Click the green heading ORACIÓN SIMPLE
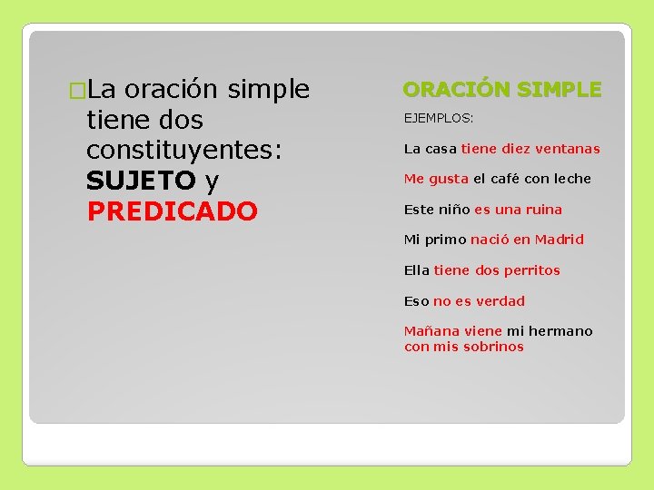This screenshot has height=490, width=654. coord(501,89)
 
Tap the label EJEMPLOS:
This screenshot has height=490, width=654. coord(439,118)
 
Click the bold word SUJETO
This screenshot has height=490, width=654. coord(141,181)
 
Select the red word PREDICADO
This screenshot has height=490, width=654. coord(173,211)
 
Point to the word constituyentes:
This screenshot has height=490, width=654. coord(185,151)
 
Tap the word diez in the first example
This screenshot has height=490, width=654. coord(515,149)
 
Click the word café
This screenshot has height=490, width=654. coord(506,179)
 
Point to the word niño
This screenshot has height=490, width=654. coord(454,210)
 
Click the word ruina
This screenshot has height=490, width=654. coord(543,210)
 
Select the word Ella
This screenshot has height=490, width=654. coord(417,270)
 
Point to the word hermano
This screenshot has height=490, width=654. coord(560,331)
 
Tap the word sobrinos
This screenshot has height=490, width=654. coord(492,347)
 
